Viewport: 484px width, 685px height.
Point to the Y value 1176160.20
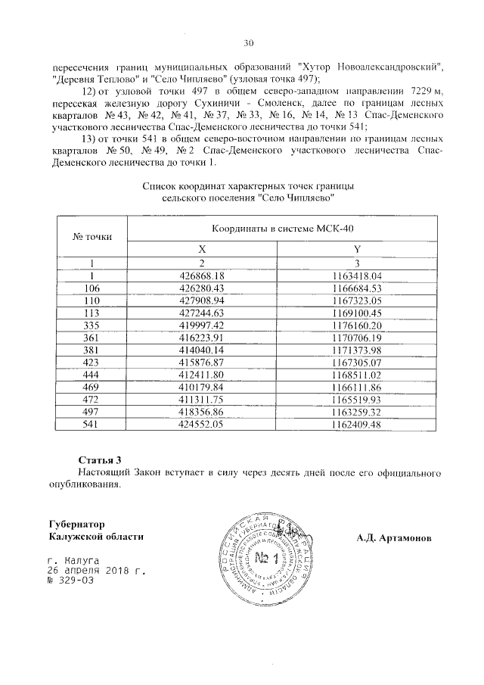[x=358, y=324]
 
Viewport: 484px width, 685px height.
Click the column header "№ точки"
[x=92, y=236]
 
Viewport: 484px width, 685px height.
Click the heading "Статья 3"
[x=100, y=460]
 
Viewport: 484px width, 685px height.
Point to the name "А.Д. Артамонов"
[x=394, y=537]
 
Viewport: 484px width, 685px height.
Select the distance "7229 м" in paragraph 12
[x=414, y=91]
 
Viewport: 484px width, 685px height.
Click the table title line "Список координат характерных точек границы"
[x=249, y=185]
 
